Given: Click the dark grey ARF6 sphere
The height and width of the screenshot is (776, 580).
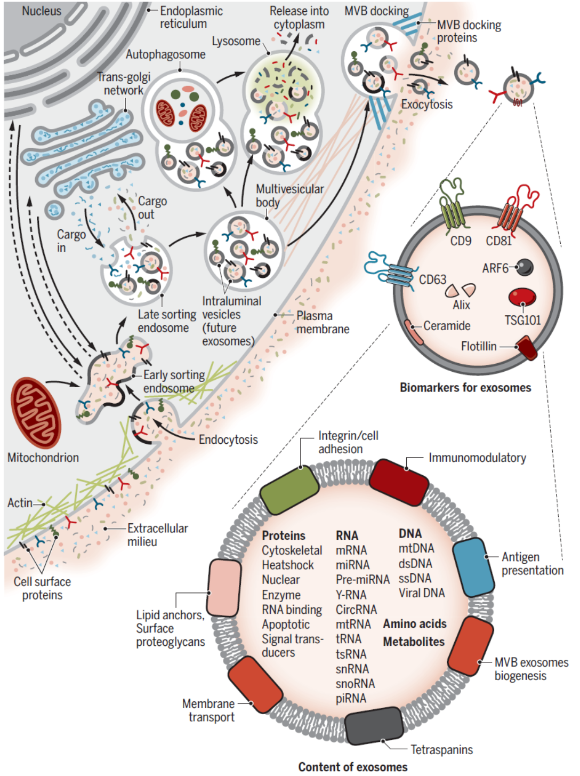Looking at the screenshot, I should pyautogui.click(x=525, y=267).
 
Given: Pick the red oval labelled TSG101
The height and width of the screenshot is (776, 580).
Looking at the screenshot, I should pyautogui.click(x=522, y=297).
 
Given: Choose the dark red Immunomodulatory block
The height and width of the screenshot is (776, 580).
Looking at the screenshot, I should pyautogui.click(x=399, y=482).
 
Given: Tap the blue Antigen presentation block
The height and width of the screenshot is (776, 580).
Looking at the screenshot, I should pyautogui.click(x=473, y=567).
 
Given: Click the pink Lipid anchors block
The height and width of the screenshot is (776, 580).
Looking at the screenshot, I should pyautogui.click(x=224, y=588).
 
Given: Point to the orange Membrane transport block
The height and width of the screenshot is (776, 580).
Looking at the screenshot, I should pyautogui.click(x=255, y=685).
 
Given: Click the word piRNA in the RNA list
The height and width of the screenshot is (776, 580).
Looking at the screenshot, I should pyautogui.click(x=351, y=699).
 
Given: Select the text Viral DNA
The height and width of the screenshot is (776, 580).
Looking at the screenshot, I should pyautogui.click(x=422, y=593).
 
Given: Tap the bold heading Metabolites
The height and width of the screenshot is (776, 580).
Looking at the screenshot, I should pyautogui.click(x=414, y=642).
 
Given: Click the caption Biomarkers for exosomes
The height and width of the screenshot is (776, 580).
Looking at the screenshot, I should pyautogui.click(x=465, y=388).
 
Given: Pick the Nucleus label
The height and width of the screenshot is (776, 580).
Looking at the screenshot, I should pyautogui.click(x=42, y=11).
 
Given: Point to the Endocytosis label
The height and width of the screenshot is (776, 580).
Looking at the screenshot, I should pyautogui.click(x=228, y=439).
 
